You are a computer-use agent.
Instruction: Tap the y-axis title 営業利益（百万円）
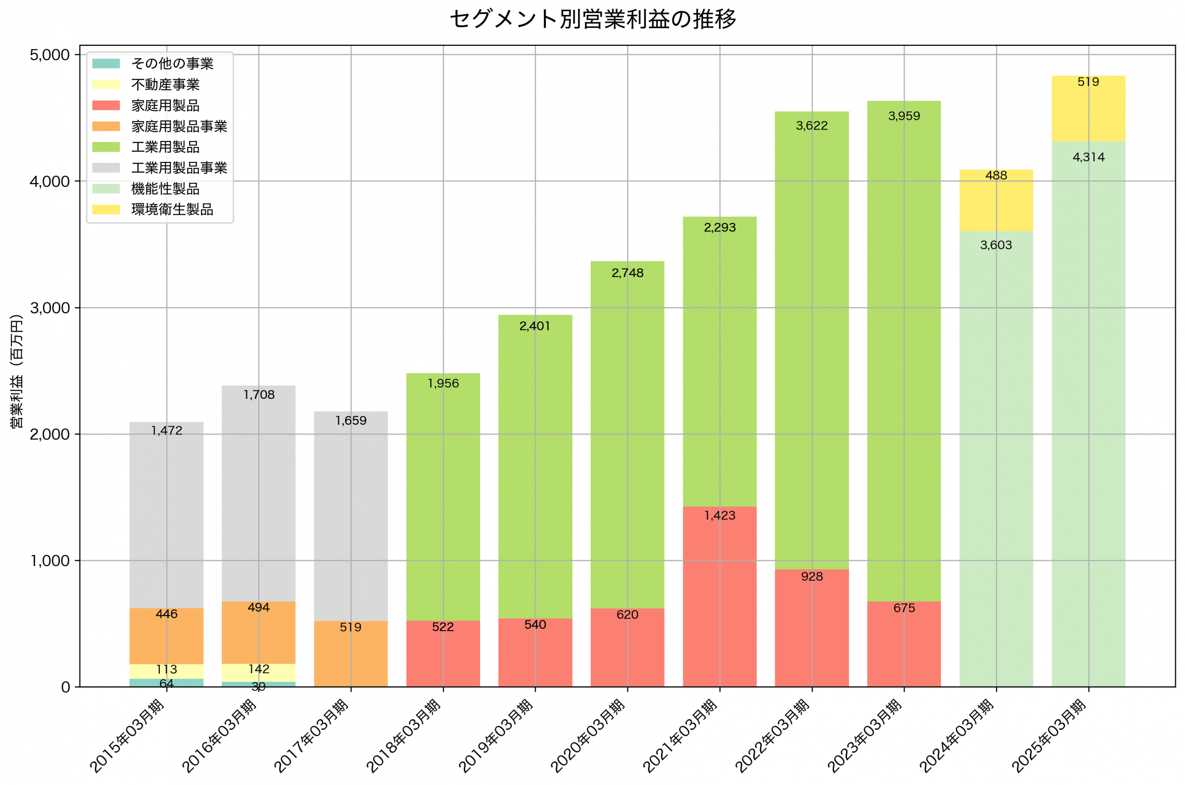[x=17, y=371]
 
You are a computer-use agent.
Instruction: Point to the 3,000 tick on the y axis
[x=50, y=308]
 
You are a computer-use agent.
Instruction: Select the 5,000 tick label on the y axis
[x=50, y=55]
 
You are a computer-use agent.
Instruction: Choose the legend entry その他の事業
[x=172, y=63]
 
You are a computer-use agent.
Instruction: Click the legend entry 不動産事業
[x=165, y=85]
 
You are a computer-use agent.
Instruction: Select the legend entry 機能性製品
[x=165, y=189]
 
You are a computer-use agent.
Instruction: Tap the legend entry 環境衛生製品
[x=172, y=209]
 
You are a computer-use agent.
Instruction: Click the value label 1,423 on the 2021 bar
[x=720, y=516]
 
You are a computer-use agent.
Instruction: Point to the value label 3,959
[x=904, y=116]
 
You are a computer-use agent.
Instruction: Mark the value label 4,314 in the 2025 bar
[x=1088, y=157]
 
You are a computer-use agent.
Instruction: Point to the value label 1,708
[x=259, y=395]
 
